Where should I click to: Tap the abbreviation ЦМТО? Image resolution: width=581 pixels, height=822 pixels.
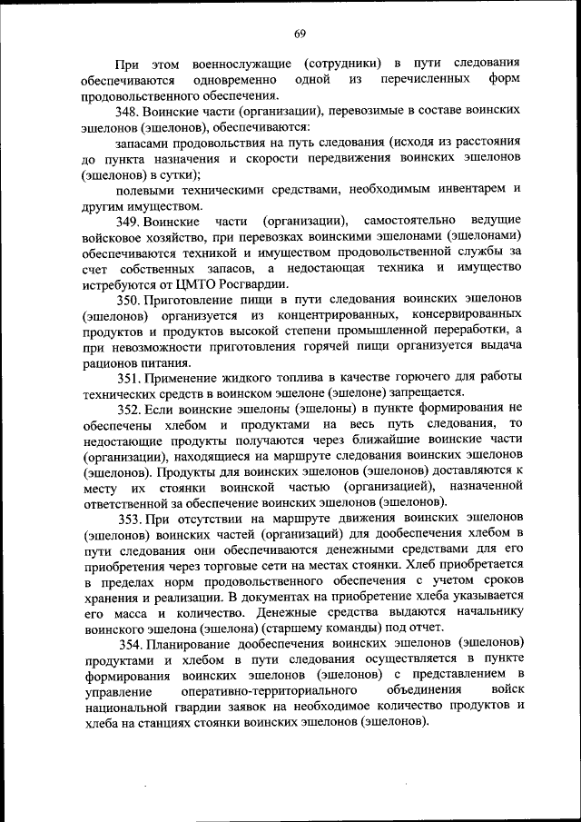[x=192, y=283]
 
